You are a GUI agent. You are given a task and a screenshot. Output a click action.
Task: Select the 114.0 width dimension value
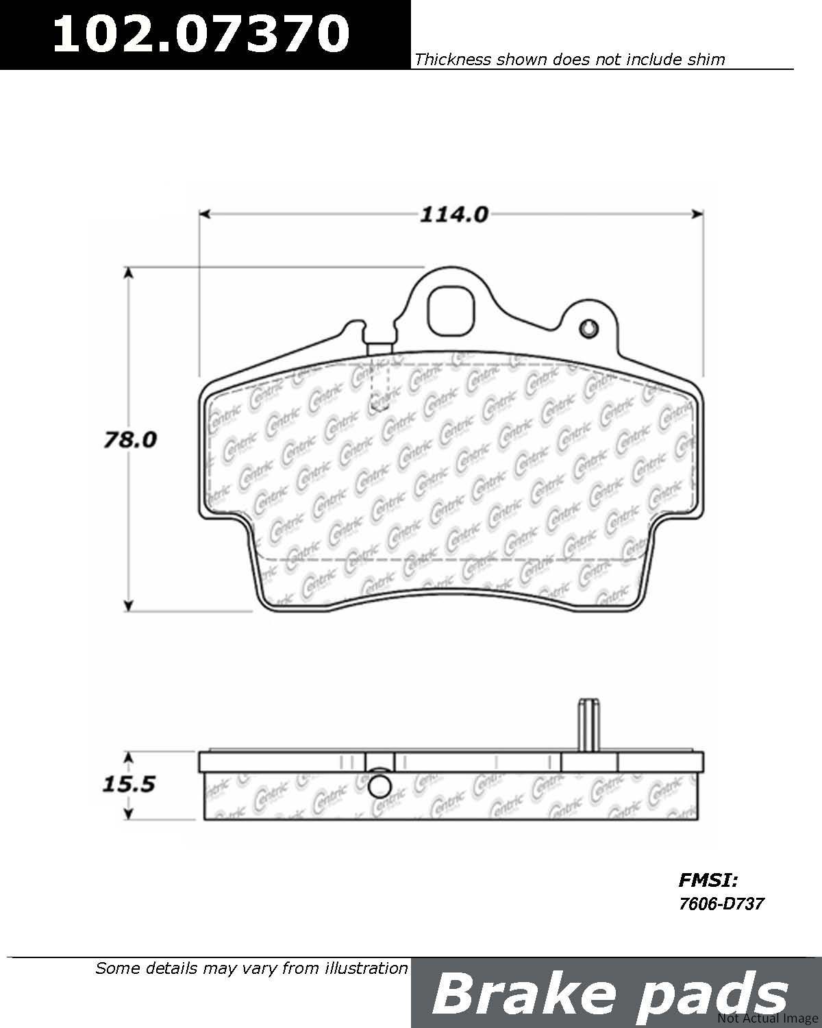tap(453, 215)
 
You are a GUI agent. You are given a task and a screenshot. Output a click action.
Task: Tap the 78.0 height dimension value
tap(130, 440)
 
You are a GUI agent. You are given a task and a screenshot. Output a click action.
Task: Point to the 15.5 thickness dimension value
tap(129, 785)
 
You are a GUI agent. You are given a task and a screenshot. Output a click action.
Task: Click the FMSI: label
tap(708, 880)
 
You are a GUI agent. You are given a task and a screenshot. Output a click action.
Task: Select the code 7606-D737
tap(721, 904)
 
